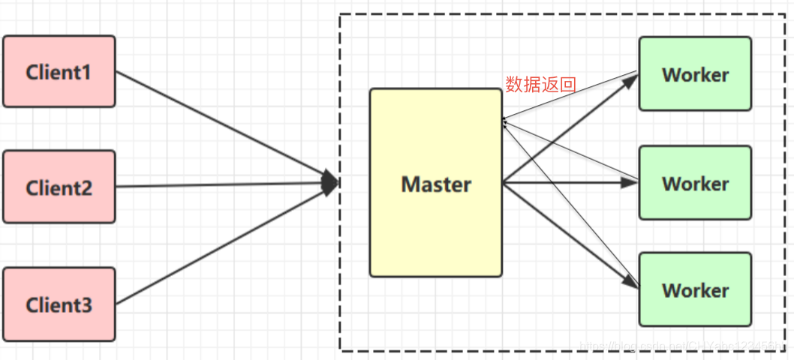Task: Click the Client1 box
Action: (x=59, y=71)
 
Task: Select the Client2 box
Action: (x=59, y=187)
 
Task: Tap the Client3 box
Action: (x=59, y=304)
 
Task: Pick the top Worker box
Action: (x=695, y=74)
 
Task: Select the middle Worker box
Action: (x=695, y=183)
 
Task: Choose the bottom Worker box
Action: (x=695, y=289)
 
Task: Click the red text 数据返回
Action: (x=540, y=84)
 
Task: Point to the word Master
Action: (x=436, y=184)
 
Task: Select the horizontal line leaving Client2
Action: (x=218, y=184)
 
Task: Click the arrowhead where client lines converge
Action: (x=331, y=182)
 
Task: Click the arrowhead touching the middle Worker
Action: (x=631, y=181)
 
